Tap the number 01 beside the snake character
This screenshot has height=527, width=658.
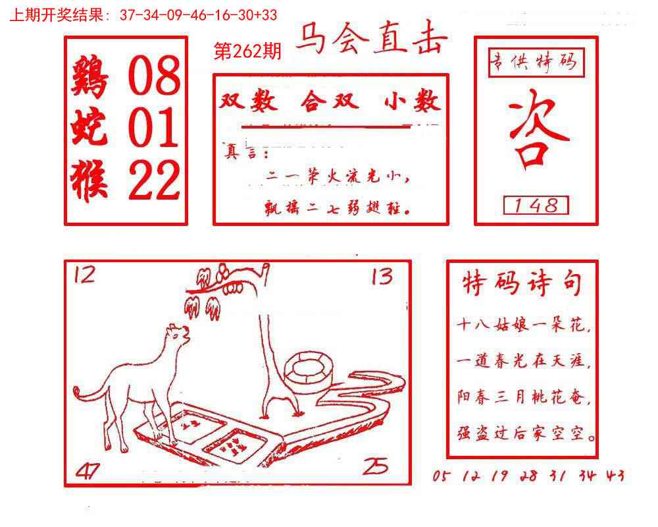(x=154, y=128)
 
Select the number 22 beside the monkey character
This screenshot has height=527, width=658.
(x=154, y=180)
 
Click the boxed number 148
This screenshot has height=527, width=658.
(x=536, y=206)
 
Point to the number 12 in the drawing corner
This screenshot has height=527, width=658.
(x=84, y=273)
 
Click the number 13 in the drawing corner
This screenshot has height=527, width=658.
(x=382, y=276)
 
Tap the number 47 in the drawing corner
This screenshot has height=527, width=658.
(x=88, y=470)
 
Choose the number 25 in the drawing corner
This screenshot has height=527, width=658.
(x=375, y=466)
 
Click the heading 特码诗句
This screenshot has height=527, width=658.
(x=522, y=285)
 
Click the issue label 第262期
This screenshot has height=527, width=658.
(x=248, y=51)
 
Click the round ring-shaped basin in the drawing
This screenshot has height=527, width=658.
(x=308, y=367)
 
